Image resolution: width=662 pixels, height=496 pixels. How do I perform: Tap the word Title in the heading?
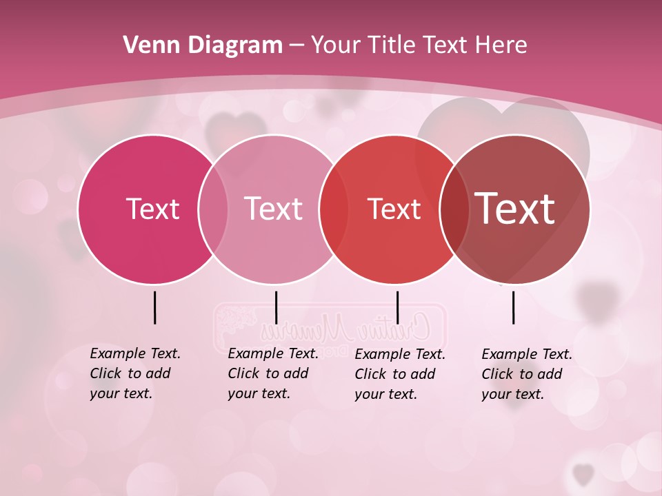(391, 45)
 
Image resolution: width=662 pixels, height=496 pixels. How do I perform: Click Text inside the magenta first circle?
(152, 209)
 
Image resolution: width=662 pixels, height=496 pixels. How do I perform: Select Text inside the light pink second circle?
(273, 209)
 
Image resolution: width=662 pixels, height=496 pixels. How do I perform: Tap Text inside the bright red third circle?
(394, 209)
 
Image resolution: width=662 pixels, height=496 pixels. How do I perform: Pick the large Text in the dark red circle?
(515, 209)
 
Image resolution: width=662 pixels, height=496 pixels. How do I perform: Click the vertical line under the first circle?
(154, 307)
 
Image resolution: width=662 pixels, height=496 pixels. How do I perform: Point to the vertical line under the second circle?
(276, 307)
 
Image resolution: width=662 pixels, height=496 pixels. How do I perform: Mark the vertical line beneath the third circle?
(397, 307)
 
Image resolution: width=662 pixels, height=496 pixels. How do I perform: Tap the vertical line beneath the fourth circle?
(514, 307)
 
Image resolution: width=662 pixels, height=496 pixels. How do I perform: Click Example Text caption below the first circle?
(135, 373)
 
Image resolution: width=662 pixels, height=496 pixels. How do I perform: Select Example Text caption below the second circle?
(273, 373)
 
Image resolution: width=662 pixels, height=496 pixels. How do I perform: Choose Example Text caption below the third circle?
(400, 374)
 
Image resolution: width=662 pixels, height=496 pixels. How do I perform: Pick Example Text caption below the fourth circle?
(527, 374)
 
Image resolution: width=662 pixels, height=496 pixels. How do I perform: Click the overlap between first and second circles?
(213, 209)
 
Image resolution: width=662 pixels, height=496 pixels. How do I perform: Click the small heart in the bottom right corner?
(583, 473)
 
